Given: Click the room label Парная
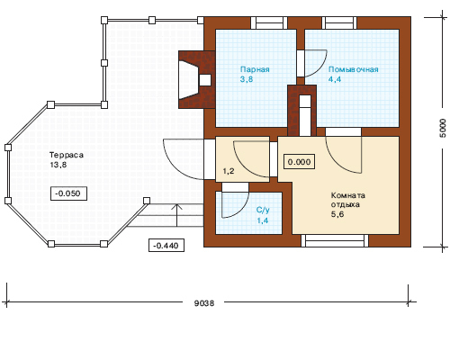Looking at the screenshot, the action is click(x=255, y=69).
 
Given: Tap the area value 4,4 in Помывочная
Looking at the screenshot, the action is click(x=335, y=79).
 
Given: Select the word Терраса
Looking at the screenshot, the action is click(x=67, y=155).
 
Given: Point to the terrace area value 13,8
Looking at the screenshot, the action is click(x=58, y=165).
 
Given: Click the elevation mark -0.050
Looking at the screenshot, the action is click(x=68, y=193).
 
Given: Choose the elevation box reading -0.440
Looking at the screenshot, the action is click(x=166, y=246).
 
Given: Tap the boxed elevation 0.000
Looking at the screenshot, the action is click(x=299, y=162).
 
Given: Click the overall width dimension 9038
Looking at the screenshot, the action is click(x=204, y=303).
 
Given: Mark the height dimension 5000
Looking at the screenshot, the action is click(x=443, y=128).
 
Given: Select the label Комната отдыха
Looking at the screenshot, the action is click(x=348, y=200).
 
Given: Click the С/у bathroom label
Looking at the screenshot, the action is click(x=263, y=210).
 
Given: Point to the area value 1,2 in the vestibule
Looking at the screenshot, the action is click(x=229, y=171).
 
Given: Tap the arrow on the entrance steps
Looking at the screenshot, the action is click(x=177, y=215).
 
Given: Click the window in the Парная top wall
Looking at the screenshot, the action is click(x=267, y=22).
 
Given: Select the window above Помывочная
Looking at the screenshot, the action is click(x=339, y=22).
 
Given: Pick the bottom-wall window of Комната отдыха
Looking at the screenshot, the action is click(x=335, y=241).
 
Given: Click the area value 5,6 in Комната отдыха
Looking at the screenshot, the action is click(x=337, y=214).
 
